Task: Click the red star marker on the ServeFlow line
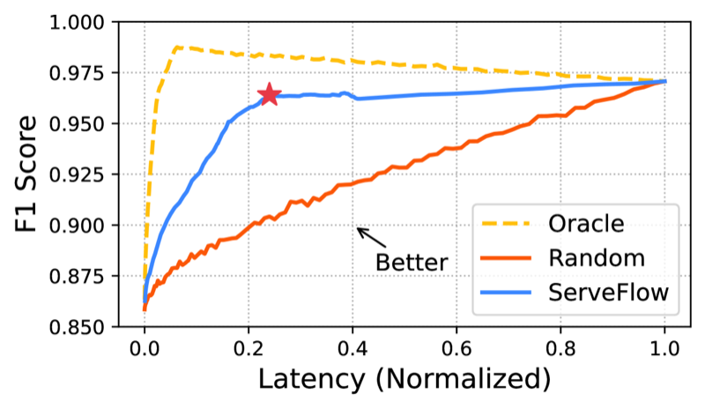coord(269,94)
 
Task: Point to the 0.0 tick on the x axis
coord(145,346)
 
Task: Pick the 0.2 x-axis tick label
coord(249,346)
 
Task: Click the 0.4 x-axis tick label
coord(352,346)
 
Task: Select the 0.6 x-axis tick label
coord(456,346)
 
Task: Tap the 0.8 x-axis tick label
coord(560,346)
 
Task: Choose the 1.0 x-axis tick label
coord(664,346)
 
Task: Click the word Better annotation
coord(412,262)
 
